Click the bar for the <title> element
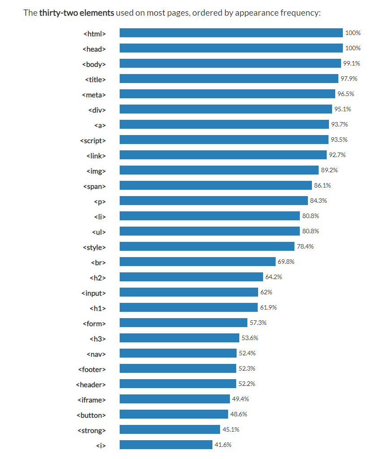[x=229, y=79]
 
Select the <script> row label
[x=93, y=140]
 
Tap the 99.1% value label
[x=351, y=63]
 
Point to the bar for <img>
[x=219, y=170]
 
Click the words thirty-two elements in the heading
[x=76, y=13]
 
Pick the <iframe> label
[x=91, y=400]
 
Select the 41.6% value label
[x=223, y=445]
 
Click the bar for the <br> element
[x=197, y=262]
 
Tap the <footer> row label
[x=91, y=369]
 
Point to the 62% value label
[x=266, y=292]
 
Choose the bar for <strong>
[x=169, y=429]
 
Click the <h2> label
[x=98, y=278]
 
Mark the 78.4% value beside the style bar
[x=305, y=246]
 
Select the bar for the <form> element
[x=183, y=323]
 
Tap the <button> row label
[x=91, y=415]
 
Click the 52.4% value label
[x=247, y=353]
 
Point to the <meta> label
[x=94, y=95]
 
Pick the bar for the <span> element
[x=216, y=185]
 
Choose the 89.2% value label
[x=329, y=170]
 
